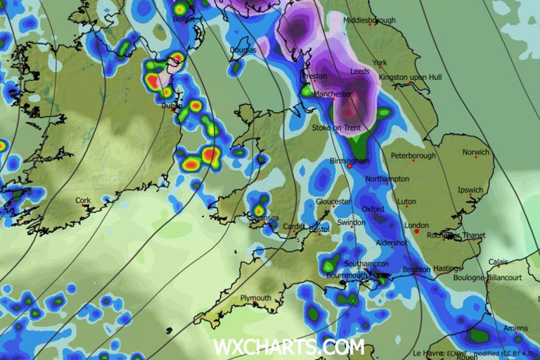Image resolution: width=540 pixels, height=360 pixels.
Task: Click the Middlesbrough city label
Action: pos(370,21)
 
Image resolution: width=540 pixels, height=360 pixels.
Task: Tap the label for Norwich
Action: pos(475,153)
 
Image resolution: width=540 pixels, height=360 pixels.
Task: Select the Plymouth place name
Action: pos(256,298)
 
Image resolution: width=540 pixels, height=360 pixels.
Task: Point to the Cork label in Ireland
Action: pos(83,201)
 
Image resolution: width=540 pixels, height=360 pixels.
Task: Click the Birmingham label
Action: pos(349,161)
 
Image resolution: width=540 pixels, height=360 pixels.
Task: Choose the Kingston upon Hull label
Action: pos(411,77)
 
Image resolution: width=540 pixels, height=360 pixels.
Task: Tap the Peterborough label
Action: pos(413,155)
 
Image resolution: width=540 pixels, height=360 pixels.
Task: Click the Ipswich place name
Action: pos(470,190)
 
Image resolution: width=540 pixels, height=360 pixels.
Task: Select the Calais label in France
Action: pos(498,262)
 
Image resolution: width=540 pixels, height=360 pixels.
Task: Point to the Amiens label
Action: pos(516,329)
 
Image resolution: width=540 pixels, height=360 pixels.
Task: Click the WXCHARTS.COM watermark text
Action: pos(289,347)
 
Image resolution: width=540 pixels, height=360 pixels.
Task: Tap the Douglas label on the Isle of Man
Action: pos(243,50)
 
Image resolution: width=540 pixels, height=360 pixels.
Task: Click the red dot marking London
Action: pos(417,231)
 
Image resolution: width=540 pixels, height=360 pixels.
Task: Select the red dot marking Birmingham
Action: pos(349,167)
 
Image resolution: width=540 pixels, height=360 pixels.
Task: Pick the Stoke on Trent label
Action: pos(336,128)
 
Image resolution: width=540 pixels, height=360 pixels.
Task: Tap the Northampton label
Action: pos(387,179)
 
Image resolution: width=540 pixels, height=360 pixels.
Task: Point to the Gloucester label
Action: pos(333,202)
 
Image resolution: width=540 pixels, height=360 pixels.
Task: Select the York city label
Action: pos(380,63)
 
